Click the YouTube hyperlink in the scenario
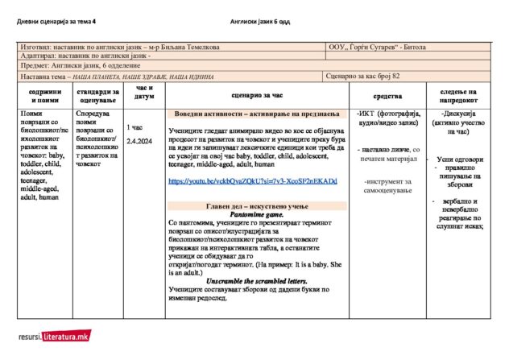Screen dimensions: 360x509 [252, 181]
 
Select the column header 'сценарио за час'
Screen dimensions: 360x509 [254, 94]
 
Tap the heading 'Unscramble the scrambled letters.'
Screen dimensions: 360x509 [254, 279]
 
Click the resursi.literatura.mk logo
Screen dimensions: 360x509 [54, 335]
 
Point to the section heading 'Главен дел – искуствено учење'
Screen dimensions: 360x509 [254, 206]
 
